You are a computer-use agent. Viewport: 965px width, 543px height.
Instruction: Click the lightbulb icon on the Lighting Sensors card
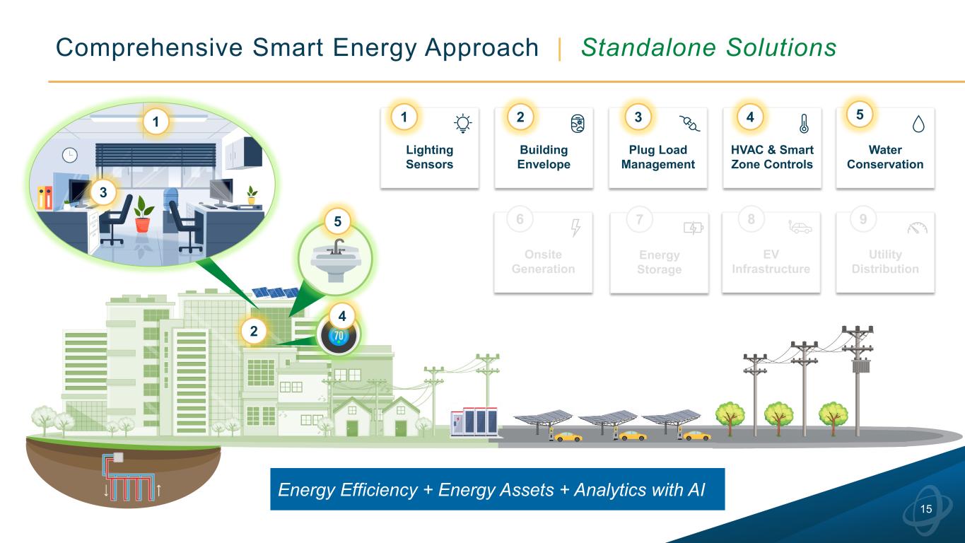click(462, 124)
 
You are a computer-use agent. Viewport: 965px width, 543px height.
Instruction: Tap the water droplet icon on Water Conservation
click(918, 124)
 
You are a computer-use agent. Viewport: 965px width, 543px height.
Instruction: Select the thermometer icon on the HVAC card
click(805, 124)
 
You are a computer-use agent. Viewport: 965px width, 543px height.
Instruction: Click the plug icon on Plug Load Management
click(689, 124)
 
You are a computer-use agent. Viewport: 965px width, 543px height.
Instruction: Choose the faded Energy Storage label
click(659, 262)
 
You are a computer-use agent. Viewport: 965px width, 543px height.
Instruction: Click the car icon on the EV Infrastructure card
click(800, 228)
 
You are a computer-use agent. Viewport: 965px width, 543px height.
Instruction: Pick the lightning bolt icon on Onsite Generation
click(575, 228)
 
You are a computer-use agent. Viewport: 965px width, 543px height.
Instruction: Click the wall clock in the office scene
click(70, 156)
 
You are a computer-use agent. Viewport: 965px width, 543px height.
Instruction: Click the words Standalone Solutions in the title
click(708, 47)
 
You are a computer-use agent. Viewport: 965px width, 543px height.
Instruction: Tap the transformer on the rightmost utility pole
click(860, 369)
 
